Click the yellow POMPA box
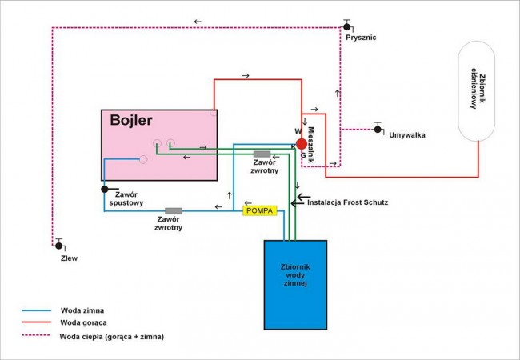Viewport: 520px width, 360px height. pyautogui.click(x=260, y=210)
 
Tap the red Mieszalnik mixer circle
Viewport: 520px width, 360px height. pyautogui.click(x=302, y=144)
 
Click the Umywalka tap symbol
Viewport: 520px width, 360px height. pyautogui.click(x=378, y=129)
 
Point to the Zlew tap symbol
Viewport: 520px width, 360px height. pyautogui.click(x=59, y=246)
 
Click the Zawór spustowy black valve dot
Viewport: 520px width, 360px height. pyautogui.click(x=105, y=190)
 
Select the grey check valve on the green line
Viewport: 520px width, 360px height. pyautogui.click(x=262, y=154)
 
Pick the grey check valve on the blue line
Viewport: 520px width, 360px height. pyautogui.click(x=174, y=211)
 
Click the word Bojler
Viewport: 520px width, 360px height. pyautogui.click(x=131, y=120)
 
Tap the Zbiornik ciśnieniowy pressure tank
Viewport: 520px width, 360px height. pyautogui.click(x=477, y=91)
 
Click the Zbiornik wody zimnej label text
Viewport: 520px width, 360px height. pyautogui.click(x=295, y=275)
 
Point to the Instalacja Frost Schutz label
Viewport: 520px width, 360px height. pyautogui.click(x=347, y=202)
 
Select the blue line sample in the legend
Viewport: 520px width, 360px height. pyautogui.click(x=37, y=310)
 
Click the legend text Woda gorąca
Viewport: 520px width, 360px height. pyautogui.click(x=83, y=322)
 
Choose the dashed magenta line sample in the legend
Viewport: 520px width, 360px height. pyautogui.click(x=37, y=335)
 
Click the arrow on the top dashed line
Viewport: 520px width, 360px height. pyautogui.click(x=198, y=22)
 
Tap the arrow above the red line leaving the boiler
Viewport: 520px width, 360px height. pyautogui.click(x=246, y=75)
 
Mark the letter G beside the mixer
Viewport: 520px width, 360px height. pyautogui.click(x=303, y=155)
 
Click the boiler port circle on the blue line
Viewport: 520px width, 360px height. pyautogui.click(x=143, y=159)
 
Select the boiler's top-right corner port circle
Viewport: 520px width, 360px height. pyautogui.click(x=214, y=112)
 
